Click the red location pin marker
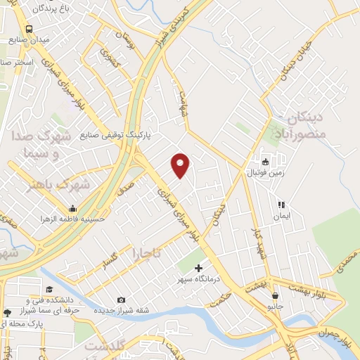click(x=181, y=165)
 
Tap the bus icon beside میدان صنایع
click(x=29, y=29)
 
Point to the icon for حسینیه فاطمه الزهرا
click(x=72, y=208)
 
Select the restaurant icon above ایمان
click(x=281, y=205)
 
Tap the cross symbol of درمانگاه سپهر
click(x=199, y=267)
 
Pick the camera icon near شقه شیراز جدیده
click(x=121, y=300)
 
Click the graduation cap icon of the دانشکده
click(x=49, y=290)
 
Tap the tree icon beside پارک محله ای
click(x=7, y=312)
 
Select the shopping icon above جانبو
click(x=274, y=295)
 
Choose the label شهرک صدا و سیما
click(x=41, y=143)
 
